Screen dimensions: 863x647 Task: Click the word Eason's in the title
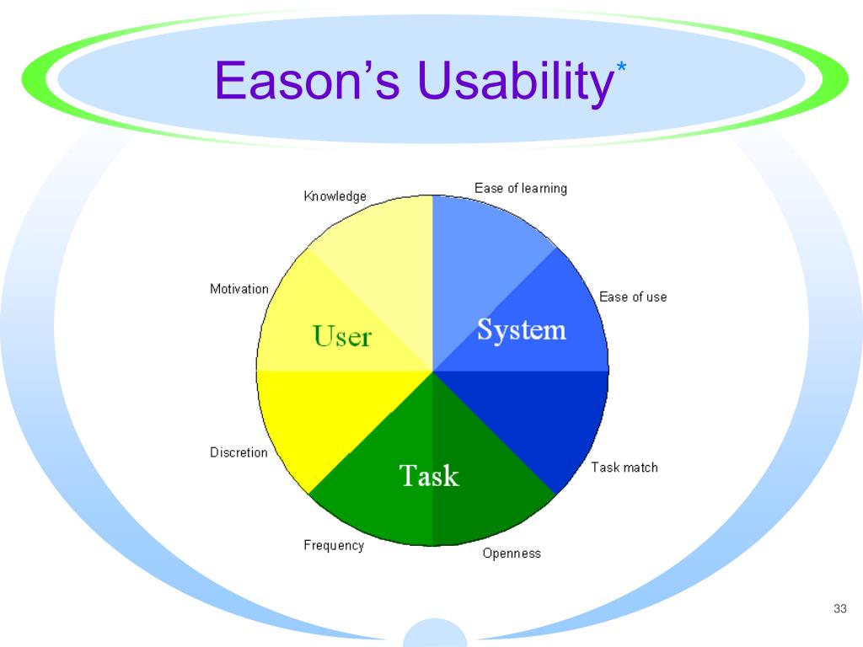pyautogui.click(x=308, y=82)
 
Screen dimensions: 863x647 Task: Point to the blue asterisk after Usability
pyautogui.click(x=621, y=68)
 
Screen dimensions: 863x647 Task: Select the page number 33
pyautogui.click(x=839, y=609)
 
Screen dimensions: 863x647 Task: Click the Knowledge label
pyautogui.click(x=335, y=196)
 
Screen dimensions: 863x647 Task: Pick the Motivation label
pyautogui.click(x=239, y=289)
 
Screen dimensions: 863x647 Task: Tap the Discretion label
pyautogui.click(x=239, y=452)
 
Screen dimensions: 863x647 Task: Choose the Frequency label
pyautogui.click(x=334, y=545)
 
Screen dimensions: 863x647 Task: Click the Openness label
pyautogui.click(x=512, y=553)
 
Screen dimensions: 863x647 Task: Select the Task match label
pyautogui.click(x=624, y=468)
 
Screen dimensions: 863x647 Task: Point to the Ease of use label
pyautogui.click(x=632, y=297)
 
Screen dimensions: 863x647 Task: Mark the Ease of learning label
pyautogui.click(x=520, y=188)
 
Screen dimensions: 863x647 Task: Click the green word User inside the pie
pyautogui.click(x=342, y=337)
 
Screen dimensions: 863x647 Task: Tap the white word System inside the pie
pyautogui.click(x=521, y=329)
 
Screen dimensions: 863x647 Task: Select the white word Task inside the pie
pyautogui.click(x=429, y=476)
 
